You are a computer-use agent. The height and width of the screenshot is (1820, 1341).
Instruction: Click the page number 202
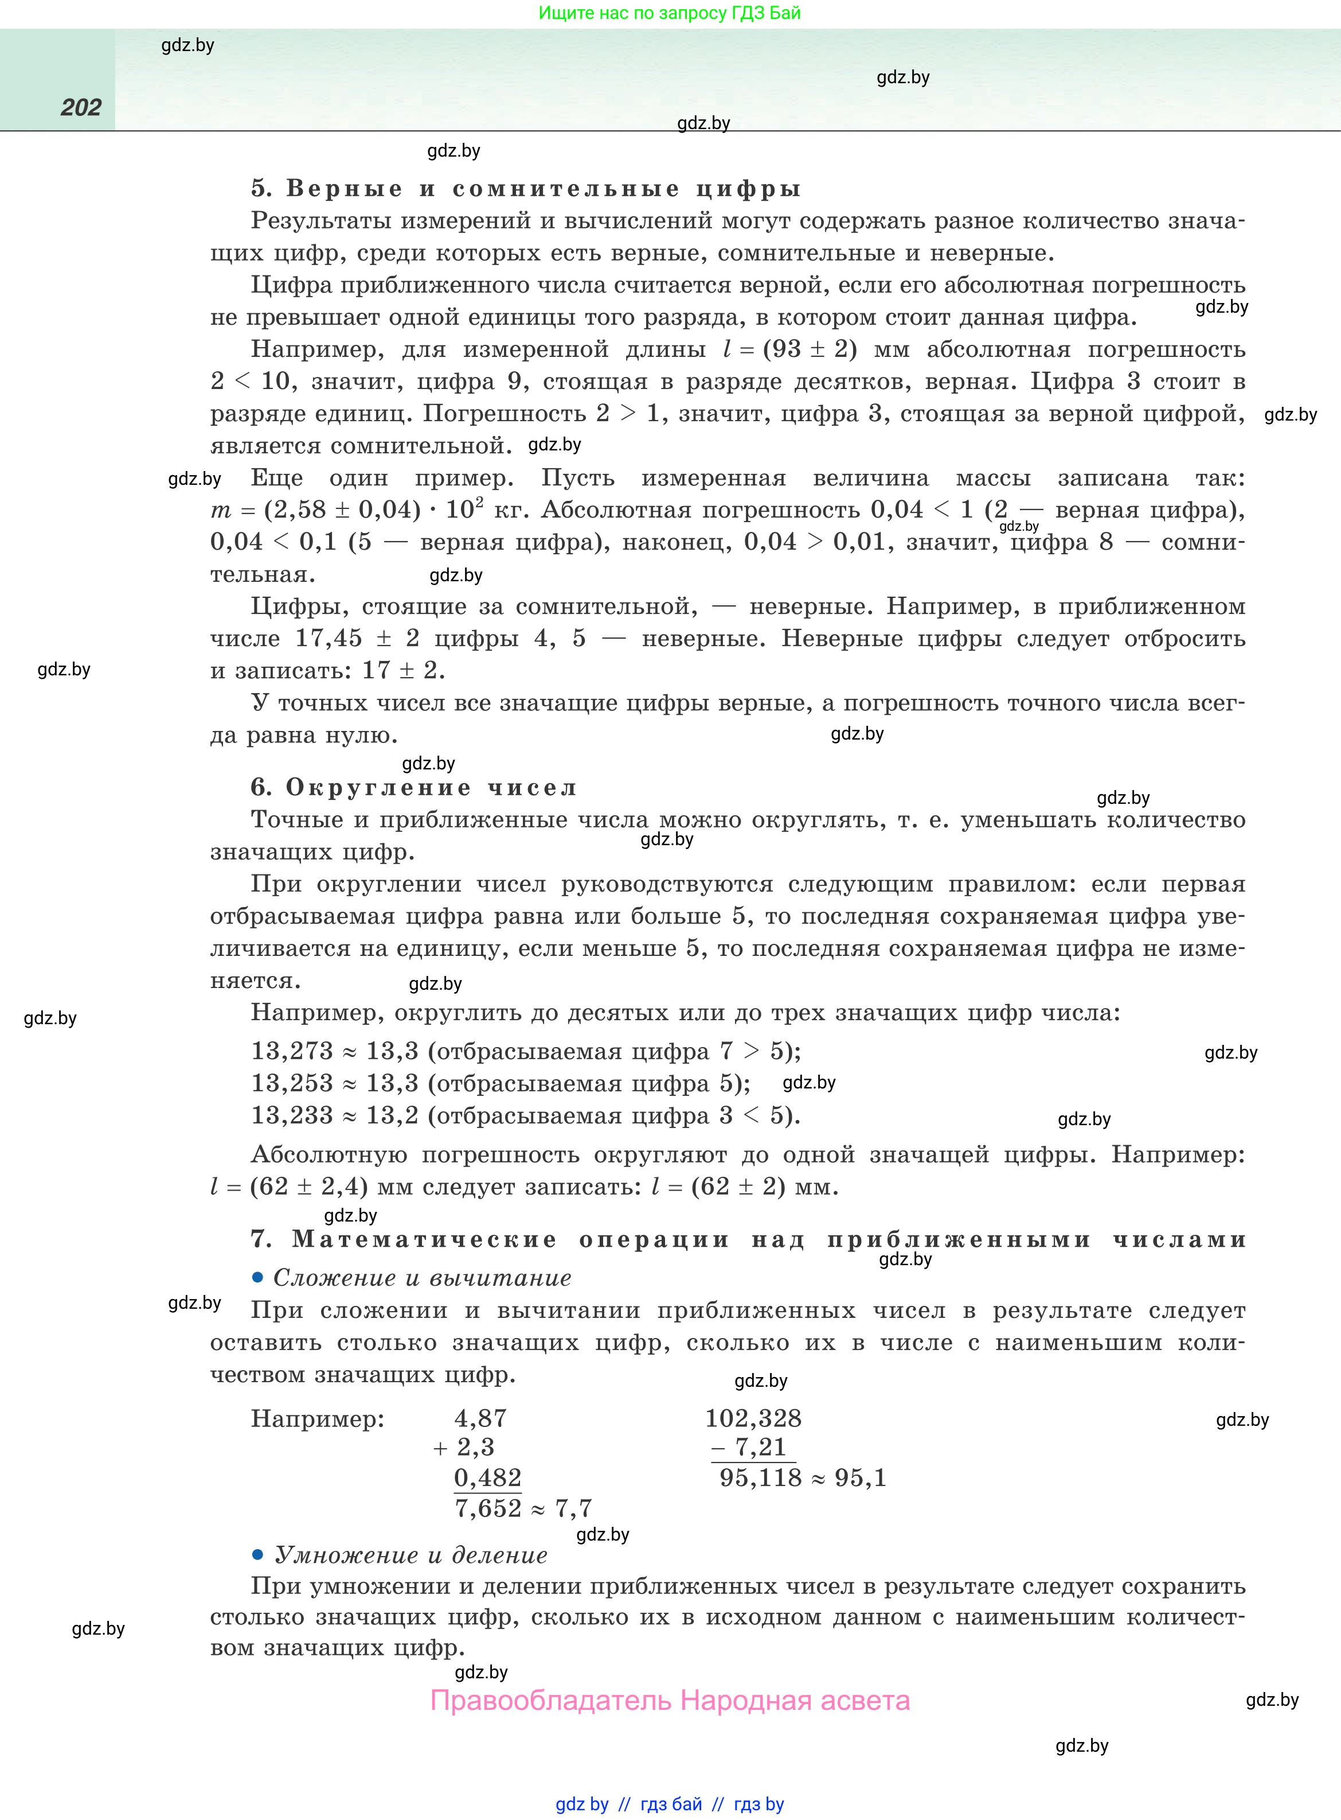pyautogui.click(x=81, y=107)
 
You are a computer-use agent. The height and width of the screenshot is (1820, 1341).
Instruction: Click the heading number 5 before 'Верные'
pyautogui.click(x=260, y=188)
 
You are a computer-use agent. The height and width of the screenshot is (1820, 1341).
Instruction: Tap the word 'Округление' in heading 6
pyautogui.click(x=378, y=788)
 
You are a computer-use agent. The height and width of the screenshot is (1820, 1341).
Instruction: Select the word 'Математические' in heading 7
pyautogui.click(x=424, y=1239)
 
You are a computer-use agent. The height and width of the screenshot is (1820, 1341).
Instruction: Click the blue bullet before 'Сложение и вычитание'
pyautogui.click(x=258, y=1277)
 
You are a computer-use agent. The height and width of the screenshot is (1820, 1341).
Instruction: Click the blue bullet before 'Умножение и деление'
pyautogui.click(x=258, y=1554)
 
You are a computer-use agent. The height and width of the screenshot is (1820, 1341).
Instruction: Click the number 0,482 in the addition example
pyautogui.click(x=488, y=1477)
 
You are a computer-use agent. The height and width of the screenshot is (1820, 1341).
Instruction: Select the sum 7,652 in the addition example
pyautogui.click(x=488, y=1508)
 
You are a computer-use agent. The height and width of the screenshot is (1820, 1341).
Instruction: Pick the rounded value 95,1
pyautogui.click(x=861, y=1477)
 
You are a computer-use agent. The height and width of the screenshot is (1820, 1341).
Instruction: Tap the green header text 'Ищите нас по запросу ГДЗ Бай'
pyautogui.click(x=670, y=13)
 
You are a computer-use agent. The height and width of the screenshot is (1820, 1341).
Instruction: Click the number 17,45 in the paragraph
pyautogui.click(x=329, y=639)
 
